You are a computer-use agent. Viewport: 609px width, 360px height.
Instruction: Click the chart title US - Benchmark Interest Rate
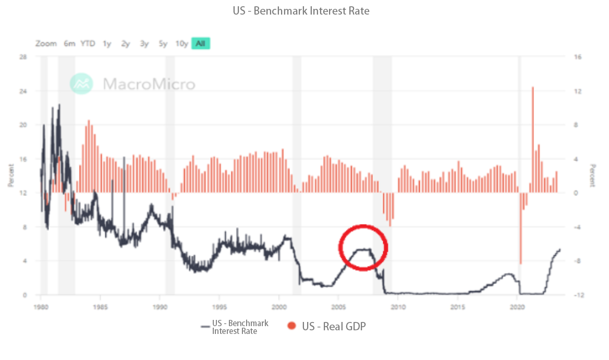point(301,11)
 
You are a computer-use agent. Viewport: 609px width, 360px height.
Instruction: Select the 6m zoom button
point(69,44)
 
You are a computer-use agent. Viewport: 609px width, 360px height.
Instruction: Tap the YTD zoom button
point(88,44)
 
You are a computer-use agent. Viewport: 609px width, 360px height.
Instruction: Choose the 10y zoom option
point(181,44)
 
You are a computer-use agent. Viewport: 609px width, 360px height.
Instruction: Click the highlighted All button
point(200,44)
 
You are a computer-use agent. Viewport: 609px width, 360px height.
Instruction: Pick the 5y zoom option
point(163,44)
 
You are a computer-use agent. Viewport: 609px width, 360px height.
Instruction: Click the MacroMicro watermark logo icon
point(82,83)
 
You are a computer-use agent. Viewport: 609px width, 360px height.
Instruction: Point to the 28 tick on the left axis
point(23,57)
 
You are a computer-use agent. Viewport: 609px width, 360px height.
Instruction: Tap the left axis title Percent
point(11,176)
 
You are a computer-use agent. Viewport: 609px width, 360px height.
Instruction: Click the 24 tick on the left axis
point(23,91)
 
